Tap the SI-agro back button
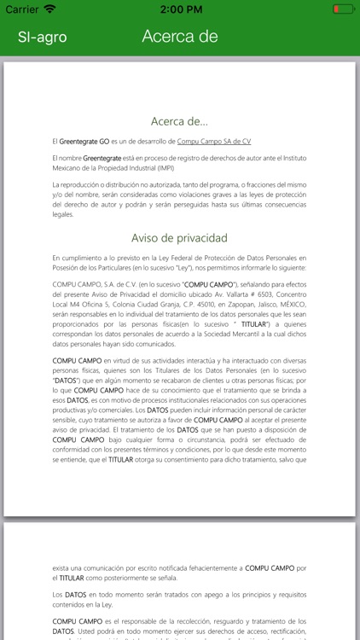[x=43, y=37]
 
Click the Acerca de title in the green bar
[x=180, y=36]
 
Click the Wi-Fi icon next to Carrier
[x=50, y=9]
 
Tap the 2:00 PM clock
[x=180, y=9]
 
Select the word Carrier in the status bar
[x=22, y=9]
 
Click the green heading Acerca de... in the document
[x=179, y=121]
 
